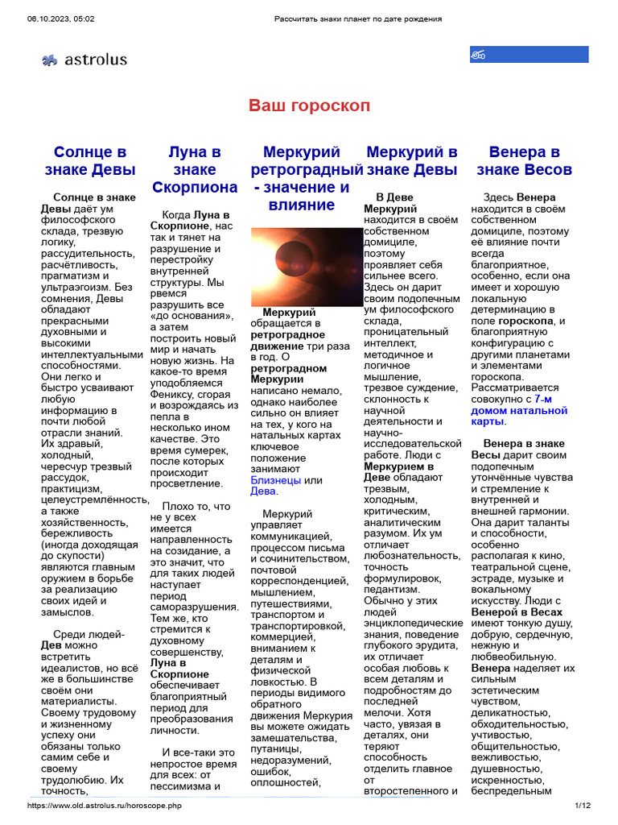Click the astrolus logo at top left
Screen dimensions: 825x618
(84, 59)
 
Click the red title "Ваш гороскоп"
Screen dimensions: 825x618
(309, 106)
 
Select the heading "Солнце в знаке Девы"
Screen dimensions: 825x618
(90, 161)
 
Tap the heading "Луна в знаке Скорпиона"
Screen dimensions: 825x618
(195, 170)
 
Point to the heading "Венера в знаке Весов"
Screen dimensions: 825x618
(524, 161)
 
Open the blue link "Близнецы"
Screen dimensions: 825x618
(275, 480)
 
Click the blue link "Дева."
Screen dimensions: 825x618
(264, 491)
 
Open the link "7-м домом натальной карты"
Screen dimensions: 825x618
(528, 415)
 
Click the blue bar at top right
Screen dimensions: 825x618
(529, 55)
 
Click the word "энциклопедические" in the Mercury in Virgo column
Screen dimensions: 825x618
(413, 623)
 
